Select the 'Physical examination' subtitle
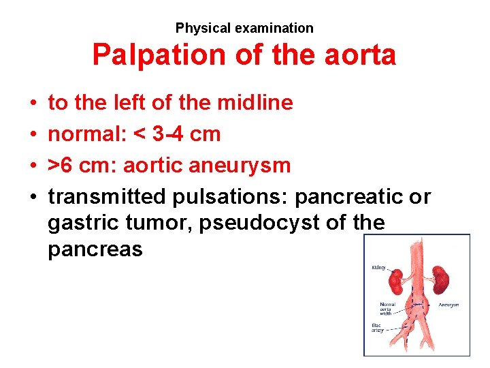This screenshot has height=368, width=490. point(244,28)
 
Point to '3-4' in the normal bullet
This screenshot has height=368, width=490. point(167,134)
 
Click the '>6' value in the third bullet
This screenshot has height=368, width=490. point(61,166)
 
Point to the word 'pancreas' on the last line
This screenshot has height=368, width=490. point(95,249)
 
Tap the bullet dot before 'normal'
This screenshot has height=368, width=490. point(33,134)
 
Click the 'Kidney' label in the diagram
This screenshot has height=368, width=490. point(378,268)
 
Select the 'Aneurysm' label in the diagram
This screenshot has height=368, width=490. point(448,305)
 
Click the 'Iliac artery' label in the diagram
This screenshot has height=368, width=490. point(378,328)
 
